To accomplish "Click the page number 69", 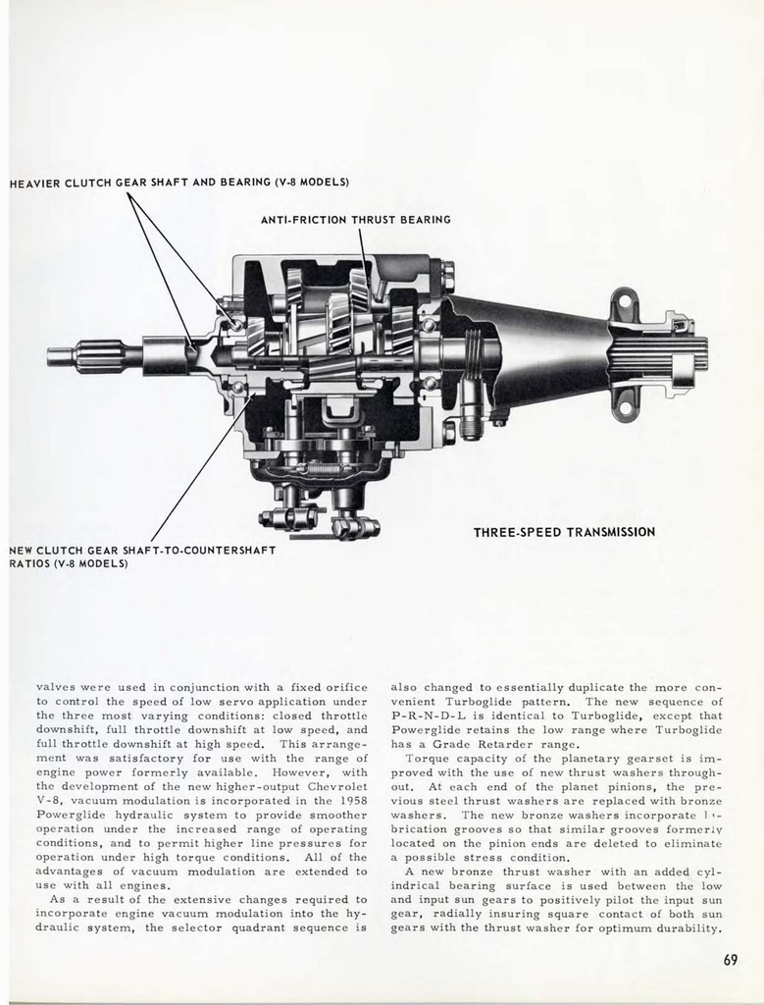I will point(730,960).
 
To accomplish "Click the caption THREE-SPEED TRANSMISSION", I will point(564,532).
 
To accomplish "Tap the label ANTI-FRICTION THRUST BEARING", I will point(355,220).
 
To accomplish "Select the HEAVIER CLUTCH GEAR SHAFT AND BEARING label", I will point(178,183).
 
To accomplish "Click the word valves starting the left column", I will point(56,687).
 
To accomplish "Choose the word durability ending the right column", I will point(688,928).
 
